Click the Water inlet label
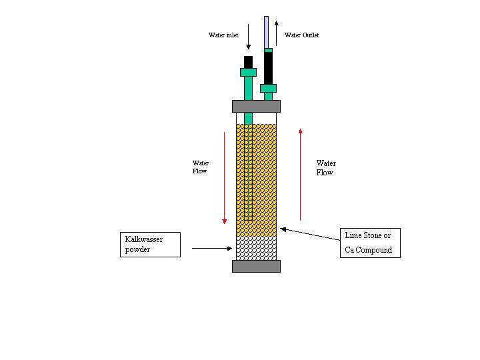click(x=223, y=35)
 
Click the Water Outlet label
click(x=302, y=35)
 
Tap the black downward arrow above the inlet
click(x=248, y=37)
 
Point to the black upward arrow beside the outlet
click(x=277, y=33)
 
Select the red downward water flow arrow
click(x=225, y=178)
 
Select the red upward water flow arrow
click(x=300, y=175)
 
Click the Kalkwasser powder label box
click(x=150, y=245)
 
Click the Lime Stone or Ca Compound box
click(x=370, y=243)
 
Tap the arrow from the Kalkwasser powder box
click(x=212, y=248)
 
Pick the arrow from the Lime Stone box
click(x=310, y=234)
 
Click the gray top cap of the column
click(x=256, y=106)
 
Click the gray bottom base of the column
click(x=256, y=266)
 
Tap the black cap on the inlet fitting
click(x=248, y=62)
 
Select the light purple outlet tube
click(x=266, y=32)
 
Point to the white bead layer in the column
click(x=256, y=248)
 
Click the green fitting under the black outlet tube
click(x=268, y=89)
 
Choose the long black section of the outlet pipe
click(x=268, y=68)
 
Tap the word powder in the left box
click(x=137, y=249)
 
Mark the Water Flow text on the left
click(x=200, y=167)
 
